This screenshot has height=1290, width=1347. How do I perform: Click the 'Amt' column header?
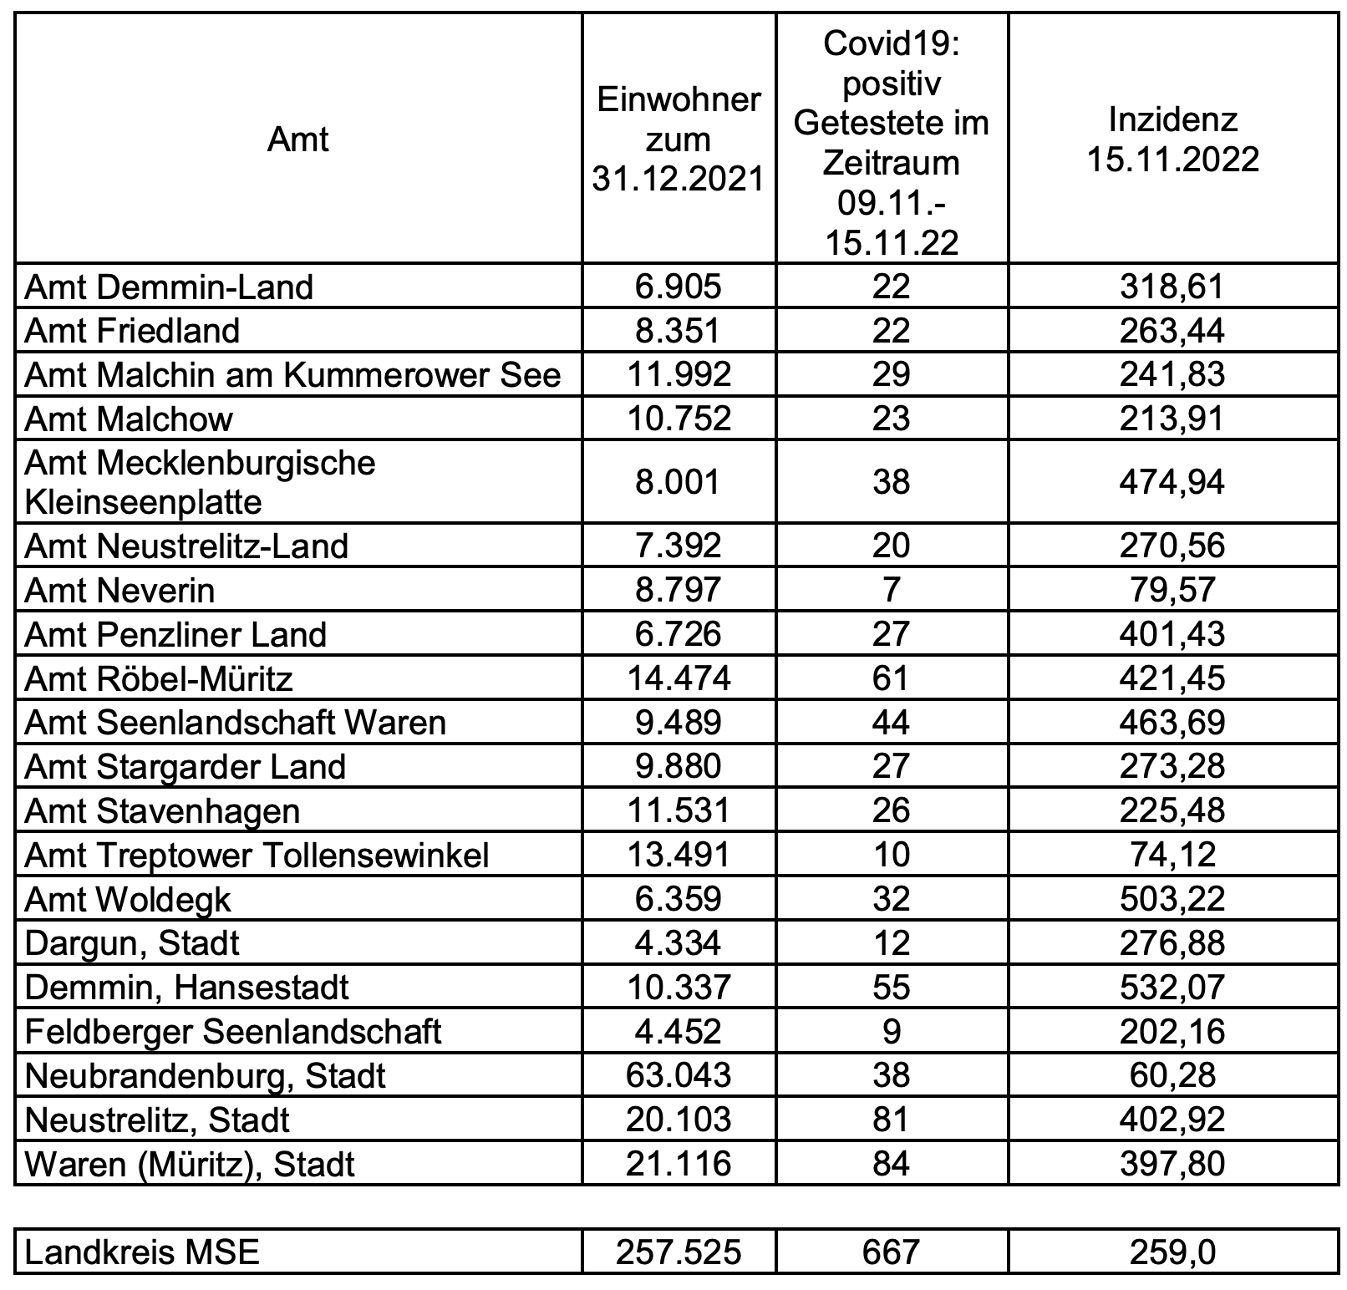click(x=297, y=139)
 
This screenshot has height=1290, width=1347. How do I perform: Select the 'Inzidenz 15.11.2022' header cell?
click(x=1172, y=139)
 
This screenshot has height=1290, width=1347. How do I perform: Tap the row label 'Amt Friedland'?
click(x=132, y=331)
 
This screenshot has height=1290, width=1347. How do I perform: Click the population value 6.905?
click(x=678, y=287)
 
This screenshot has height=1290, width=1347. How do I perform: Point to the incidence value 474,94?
click(x=1172, y=482)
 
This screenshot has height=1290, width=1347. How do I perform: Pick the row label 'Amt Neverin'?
click(x=119, y=591)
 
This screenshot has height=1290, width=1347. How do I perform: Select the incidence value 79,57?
click(x=1172, y=591)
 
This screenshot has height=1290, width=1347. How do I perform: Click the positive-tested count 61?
click(x=891, y=678)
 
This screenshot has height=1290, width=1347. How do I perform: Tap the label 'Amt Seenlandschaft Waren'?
click(x=236, y=723)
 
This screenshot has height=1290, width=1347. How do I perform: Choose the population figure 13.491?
click(x=678, y=855)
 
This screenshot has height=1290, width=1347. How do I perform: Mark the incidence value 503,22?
click(x=1172, y=899)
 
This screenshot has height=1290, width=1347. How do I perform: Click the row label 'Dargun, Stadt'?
click(x=132, y=943)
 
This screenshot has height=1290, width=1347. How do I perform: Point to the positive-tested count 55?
click(x=891, y=988)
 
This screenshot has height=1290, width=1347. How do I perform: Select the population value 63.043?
click(x=678, y=1075)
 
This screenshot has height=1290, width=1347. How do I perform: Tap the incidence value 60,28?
click(x=1172, y=1075)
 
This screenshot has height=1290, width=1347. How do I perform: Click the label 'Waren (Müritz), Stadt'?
click(x=190, y=1164)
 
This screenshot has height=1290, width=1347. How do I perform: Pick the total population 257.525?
click(x=678, y=1252)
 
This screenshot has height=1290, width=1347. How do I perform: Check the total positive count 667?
click(x=891, y=1252)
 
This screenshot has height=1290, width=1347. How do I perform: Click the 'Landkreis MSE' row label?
click(x=142, y=1252)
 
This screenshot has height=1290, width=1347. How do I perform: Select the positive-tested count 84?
click(x=891, y=1164)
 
